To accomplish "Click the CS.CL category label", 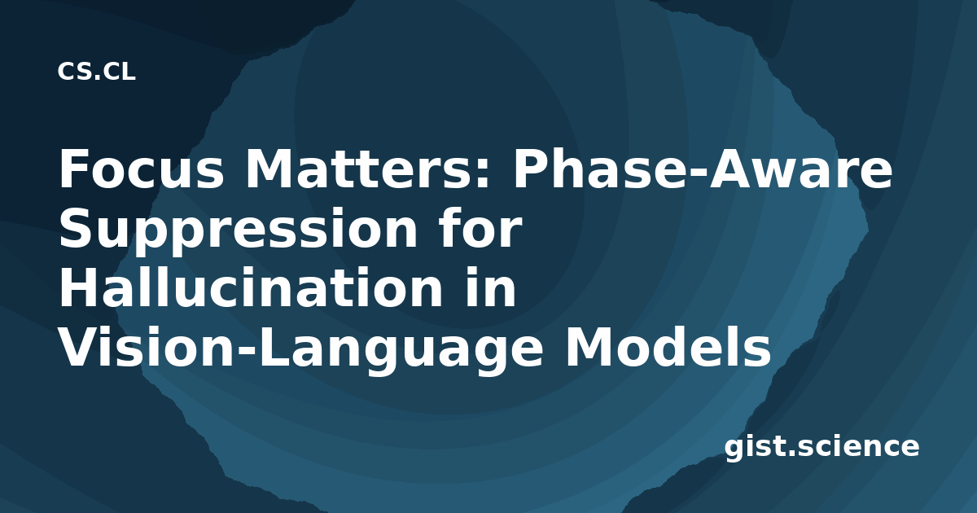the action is [96, 72].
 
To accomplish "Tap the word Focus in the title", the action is [142, 169].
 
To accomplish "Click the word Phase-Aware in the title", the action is [703, 169].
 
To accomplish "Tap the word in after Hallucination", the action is [490, 287].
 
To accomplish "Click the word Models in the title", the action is [668, 346].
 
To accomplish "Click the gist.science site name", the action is [821, 448].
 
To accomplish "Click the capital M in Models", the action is [589, 347].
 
